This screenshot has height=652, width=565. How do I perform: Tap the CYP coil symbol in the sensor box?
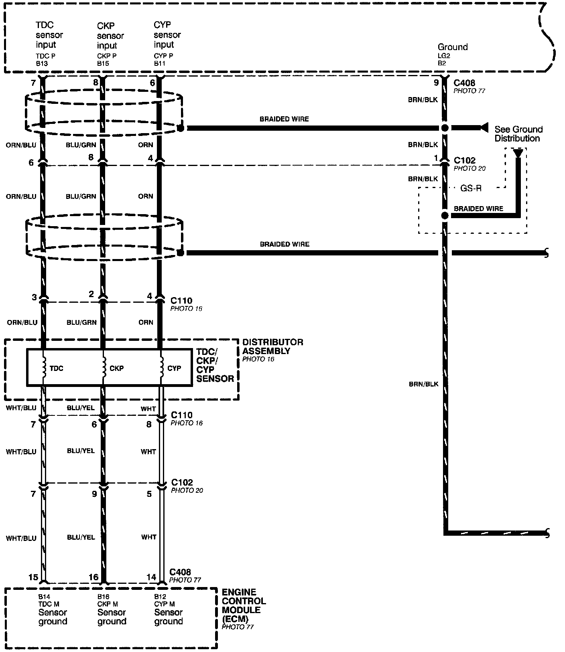pos(161,367)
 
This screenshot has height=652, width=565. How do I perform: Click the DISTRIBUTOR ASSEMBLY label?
pos(272,346)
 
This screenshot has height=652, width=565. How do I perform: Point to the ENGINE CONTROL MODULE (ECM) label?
pos(244,605)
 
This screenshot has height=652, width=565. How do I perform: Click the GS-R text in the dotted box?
pos(471,188)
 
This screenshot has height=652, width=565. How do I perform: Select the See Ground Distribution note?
pos(518,134)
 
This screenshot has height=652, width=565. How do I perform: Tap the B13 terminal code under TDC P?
pos(41,63)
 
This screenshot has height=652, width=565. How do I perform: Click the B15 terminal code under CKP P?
pos(103,63)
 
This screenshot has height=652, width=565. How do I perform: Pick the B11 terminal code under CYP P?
pos(159,63)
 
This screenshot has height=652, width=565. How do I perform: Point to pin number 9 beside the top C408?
pos(436,83)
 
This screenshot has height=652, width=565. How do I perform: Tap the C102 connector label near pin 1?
pos(464,160)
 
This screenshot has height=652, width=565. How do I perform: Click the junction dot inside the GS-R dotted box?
pos(444,216)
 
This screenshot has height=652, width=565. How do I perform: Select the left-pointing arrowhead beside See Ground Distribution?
pos(484,128)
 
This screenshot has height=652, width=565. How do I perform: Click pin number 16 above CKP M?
pos(93,577)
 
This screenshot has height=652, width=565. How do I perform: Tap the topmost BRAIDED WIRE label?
pos(284,119)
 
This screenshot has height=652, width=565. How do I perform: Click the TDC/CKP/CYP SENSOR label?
pos(215,365)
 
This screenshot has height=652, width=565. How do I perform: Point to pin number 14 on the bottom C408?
pos(151,577)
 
